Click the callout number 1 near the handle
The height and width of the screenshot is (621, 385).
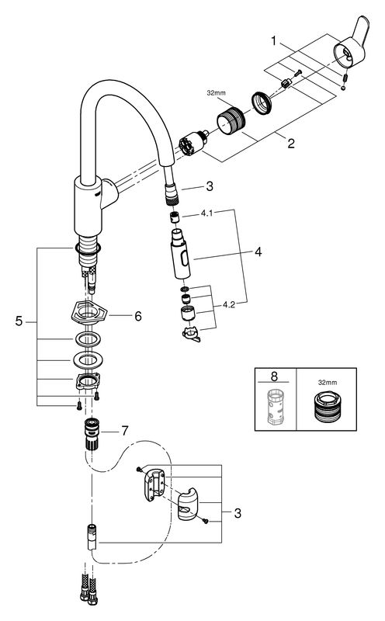[273, 41]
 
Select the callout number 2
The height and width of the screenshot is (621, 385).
[291, 144]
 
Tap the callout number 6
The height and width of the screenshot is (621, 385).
[138, 316]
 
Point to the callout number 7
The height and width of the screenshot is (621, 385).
[125, 431]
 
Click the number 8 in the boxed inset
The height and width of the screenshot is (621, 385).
[274, 376]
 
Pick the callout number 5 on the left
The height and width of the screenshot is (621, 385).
[19, 321]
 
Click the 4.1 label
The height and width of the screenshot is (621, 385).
[206, 213]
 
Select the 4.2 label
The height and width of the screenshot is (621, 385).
[228, 304]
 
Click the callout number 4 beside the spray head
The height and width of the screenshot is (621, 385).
[258, 252]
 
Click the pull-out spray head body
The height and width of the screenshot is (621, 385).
[180, 255]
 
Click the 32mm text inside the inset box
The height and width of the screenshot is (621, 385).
[328, 383]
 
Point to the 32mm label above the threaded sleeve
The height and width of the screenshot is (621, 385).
[216, 93]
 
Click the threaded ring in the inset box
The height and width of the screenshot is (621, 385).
[327, 406]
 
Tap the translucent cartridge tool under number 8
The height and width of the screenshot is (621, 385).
[275, 407]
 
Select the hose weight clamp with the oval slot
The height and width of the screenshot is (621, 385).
[188, 507]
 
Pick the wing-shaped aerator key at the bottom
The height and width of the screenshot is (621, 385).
[192, 335]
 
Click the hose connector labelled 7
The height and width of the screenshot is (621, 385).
[92, 433]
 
